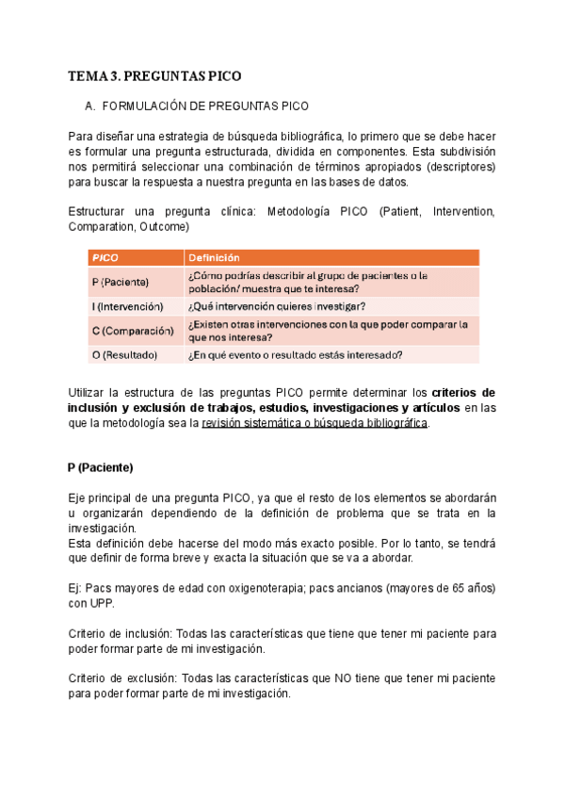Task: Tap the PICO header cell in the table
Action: pyautogui.click(x=105, y=257)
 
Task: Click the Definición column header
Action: pyautogui.click(x=214, y=257)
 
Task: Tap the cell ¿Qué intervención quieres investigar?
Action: pyautogui.click(x=277, y=306)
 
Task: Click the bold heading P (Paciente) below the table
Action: pyautogui.click(x=101, y=467)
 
